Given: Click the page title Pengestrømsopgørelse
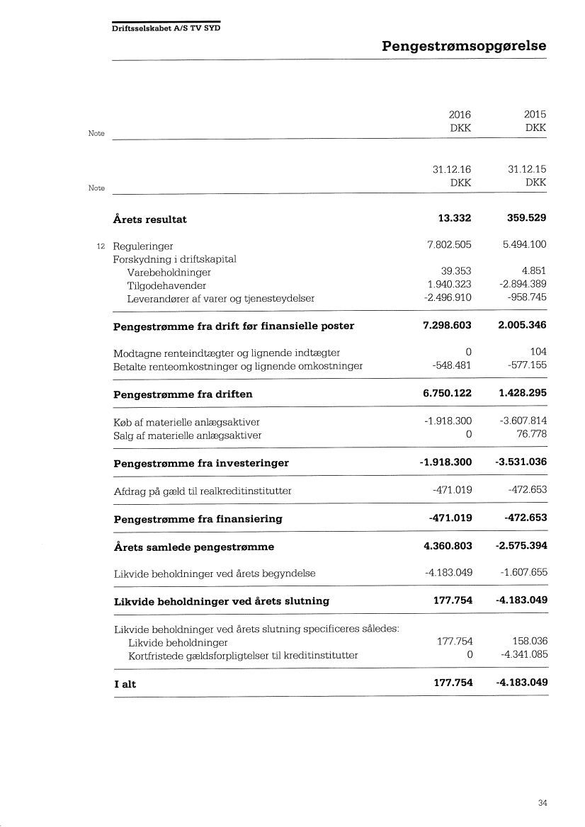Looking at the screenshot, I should [464, 47].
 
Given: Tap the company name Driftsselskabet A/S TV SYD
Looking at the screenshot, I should [166, 28].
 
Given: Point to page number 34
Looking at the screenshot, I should [543, 803].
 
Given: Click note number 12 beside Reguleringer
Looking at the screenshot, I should [100, 246].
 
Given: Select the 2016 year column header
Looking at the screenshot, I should [460, 115].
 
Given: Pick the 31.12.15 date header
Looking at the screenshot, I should [527, 169].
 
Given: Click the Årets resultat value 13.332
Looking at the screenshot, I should [454, 219].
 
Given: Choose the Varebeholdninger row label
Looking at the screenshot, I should [169, 273].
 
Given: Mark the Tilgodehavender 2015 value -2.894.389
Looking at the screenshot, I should [523, 285].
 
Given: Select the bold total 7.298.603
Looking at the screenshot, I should [445, 326].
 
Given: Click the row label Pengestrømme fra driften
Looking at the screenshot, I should [183, 394].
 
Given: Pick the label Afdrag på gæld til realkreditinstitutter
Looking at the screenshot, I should [203, 491].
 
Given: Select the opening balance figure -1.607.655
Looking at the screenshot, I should [523, 573].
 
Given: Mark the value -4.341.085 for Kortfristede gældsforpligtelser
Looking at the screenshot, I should [523, 655].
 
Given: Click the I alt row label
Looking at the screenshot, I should [125, 684].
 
